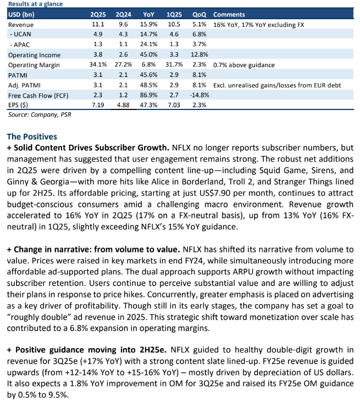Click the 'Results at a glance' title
tap(35, 4)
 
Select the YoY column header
tap(148, 14)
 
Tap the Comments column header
tap(229, 14)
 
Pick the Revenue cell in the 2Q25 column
tap(98, 24)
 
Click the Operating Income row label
tap(34, 55)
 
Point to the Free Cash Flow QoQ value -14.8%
tap(200, 95)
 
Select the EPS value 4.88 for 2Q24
tap(123, 105)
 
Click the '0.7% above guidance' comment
tap(243, 65)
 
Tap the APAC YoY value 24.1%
tap(148, 44)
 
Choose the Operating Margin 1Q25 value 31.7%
tap(174, 64)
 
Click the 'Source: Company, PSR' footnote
tap(40, 114)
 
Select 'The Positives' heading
tap(32, 136)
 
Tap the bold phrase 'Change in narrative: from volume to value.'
tap(97, 249)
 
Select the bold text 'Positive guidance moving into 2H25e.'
tap(91, 350)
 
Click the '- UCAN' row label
tap(20, 34)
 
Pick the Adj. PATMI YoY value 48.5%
tap(148, 85)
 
